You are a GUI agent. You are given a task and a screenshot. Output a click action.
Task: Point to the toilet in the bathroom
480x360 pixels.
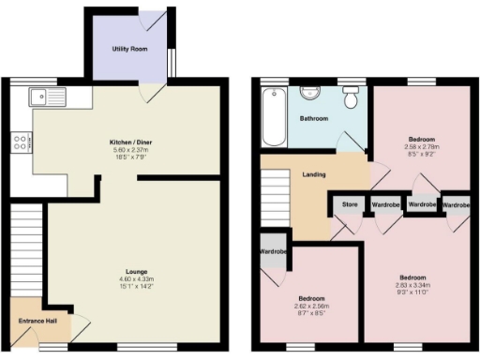point(352,96)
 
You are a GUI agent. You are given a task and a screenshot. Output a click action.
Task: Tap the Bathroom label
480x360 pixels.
point(313,120)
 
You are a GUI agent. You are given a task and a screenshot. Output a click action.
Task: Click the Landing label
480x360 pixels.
point(314,174)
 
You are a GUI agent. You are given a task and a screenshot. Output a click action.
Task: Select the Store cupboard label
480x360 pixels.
point(349,204)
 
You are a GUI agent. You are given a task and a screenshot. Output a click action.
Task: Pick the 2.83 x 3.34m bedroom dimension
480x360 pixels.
point(413,286)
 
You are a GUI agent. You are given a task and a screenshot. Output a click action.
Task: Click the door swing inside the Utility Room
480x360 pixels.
point(156,20)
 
